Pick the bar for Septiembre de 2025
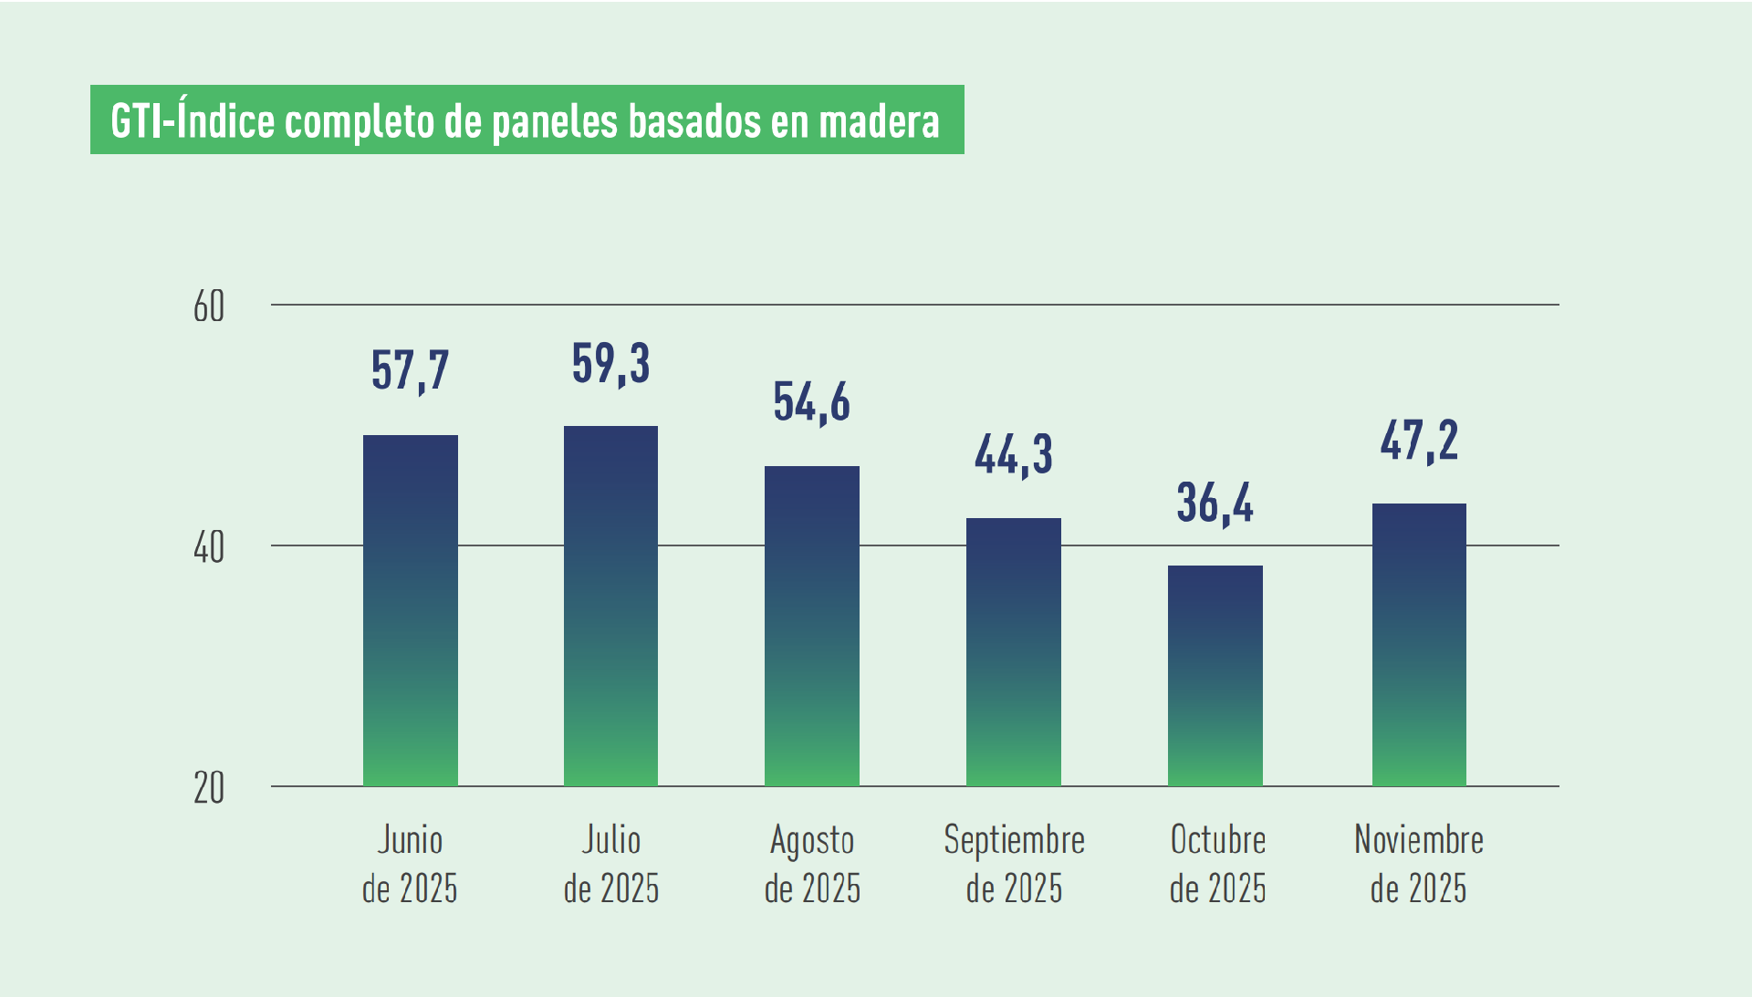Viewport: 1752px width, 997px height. coord(1013,651)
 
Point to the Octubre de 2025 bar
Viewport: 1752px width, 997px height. coord(1215,675)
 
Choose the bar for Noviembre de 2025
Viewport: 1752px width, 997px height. coord(1419,644)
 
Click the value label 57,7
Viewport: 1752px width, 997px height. coord(410,370)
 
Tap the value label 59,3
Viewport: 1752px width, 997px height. coord(610,363)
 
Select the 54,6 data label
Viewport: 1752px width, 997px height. coord(811,402)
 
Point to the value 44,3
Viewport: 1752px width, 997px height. coord(1013,454)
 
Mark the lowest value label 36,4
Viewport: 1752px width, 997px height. coord(1215,503)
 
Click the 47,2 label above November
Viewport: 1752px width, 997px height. coord(1419,441)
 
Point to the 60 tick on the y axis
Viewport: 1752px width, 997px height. coord(209,307)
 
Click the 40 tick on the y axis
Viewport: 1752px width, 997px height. coord(209,547)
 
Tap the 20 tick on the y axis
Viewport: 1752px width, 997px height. coord(209,788)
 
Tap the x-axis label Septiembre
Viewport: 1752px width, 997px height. coord(1014,840)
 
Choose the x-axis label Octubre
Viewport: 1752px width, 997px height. coord(1217,840)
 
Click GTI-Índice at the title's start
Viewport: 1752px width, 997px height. coord(192,120)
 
